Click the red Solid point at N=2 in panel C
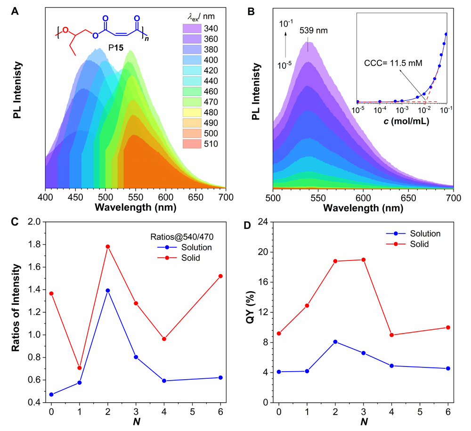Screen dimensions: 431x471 pyautogui.click(x=108, y=246)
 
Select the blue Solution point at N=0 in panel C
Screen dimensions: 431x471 pyautogui.click(x=51, y=394)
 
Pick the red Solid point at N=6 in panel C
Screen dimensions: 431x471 pyautogui.click(x=220, y=276)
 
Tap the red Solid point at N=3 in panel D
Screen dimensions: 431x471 pyautogui.click(x=363, y=260)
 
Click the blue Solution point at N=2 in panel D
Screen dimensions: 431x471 pyautogui.click(x=335, y=342)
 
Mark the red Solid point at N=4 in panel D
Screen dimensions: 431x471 pyautogui.click(x=391, y=335)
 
